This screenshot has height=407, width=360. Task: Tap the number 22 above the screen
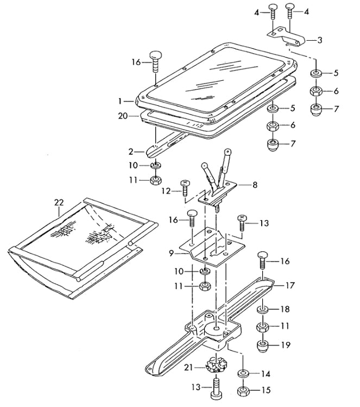(59, 202)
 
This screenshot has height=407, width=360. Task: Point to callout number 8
(255, 185)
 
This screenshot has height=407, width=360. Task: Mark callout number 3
(320, 40)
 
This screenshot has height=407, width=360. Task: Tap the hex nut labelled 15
(244, 390)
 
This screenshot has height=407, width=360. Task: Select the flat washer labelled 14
(243, 374)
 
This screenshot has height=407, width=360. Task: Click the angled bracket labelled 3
(288, 36)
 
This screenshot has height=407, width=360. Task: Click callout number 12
(167, 191)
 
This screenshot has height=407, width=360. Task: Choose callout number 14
(266, 374)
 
